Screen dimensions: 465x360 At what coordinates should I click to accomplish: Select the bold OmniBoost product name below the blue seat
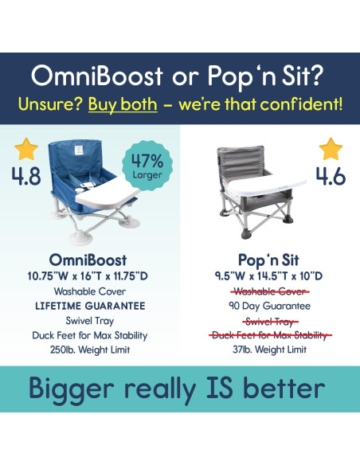(x=89, y=261)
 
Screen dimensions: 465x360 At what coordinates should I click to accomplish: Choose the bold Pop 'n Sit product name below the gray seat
(x=269, y=261)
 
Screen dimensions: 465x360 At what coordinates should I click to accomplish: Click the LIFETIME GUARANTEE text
(x=89, y=306)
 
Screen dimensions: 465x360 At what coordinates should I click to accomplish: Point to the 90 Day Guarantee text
(x=269, y=306)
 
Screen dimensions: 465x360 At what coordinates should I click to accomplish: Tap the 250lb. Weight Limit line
(x=89, y=349)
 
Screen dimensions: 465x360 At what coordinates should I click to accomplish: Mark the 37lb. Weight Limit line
(x=269, y=349)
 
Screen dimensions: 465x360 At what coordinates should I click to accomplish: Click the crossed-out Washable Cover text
(x=269, y=291)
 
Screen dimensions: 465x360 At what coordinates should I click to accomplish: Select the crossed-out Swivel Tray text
(x=269, y=320)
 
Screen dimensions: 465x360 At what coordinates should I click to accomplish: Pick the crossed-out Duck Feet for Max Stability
(x=269, y=334)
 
